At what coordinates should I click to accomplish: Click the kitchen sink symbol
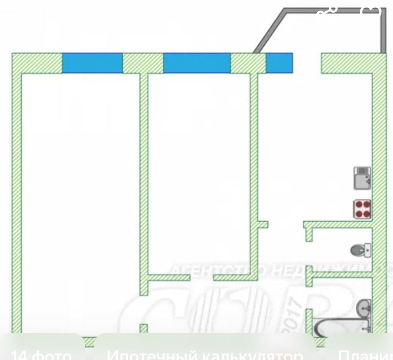[362, 178]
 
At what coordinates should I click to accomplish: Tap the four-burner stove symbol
[362, 209]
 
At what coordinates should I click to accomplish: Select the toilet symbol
[361, 250]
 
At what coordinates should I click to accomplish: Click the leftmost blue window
[93, 63]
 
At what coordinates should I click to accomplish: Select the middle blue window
[197, 63]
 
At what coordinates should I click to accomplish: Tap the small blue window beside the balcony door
[279, 63]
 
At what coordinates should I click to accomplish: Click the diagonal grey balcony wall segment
[269, 31]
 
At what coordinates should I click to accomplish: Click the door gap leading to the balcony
[307, 63]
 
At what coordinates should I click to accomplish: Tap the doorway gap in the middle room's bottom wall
[202, 277]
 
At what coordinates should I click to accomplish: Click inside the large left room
[80, 195]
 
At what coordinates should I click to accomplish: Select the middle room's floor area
[199, 171]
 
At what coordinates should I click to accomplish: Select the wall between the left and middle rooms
[144, 175]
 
